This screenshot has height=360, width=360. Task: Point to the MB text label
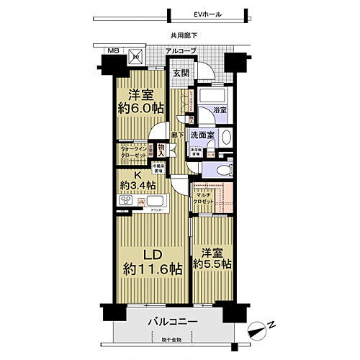pyautogui.click(x=113, y=51)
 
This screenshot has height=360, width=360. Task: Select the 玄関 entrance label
pyautogui.click(x=180, y=73)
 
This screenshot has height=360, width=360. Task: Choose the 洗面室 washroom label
pyautogui.click(x=201, y=135)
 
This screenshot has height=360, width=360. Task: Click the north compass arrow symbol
pyautogui.click(x=257, y=332)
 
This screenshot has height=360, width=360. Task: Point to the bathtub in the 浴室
pyautogui.click(x=212, y=96)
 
